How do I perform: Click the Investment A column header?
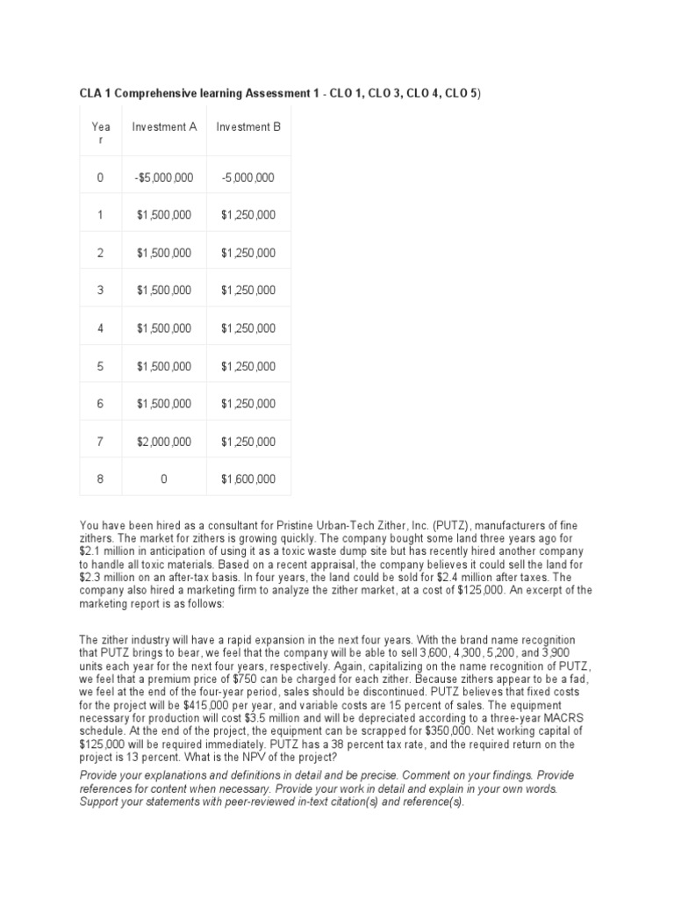pos(165,127)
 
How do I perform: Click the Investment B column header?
pos(248,127)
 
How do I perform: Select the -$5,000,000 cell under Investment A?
pos(164,177)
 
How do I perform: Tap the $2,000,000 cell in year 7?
pos(164,442)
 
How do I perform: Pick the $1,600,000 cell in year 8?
pos(248,479)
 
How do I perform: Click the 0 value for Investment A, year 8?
pos(164,479)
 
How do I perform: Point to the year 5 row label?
pos(100,366)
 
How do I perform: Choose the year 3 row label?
pos(100,291)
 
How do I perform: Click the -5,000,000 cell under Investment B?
pos(248,177)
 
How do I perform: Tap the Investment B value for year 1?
pos(248,215)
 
